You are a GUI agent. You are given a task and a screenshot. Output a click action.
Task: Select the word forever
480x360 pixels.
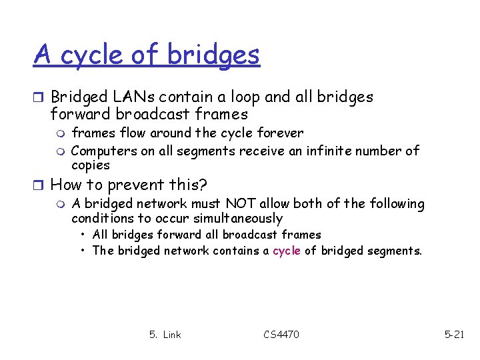280,133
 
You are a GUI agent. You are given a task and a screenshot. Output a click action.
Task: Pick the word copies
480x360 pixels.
90,165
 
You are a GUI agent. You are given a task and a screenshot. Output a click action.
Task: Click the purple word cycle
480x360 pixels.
287,251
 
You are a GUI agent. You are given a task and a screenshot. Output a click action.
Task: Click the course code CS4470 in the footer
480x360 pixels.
281,334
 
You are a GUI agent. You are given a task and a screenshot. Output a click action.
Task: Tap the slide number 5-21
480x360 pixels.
454,334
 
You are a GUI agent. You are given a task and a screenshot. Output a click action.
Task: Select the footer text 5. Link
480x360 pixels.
165,334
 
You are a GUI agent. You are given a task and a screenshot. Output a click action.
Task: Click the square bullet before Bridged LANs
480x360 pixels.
39,97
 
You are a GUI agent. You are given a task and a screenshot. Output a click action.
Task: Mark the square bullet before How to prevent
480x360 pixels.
39,184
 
